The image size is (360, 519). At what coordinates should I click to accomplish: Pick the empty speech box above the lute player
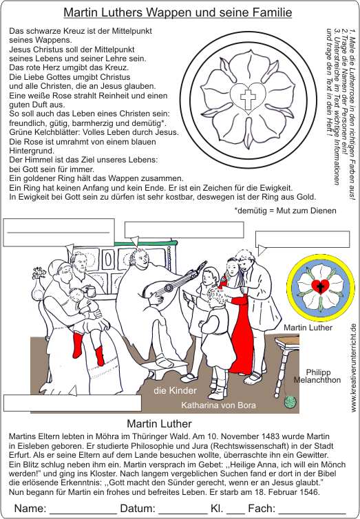(184, 230)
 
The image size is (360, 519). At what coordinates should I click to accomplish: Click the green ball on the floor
(290, 401)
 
